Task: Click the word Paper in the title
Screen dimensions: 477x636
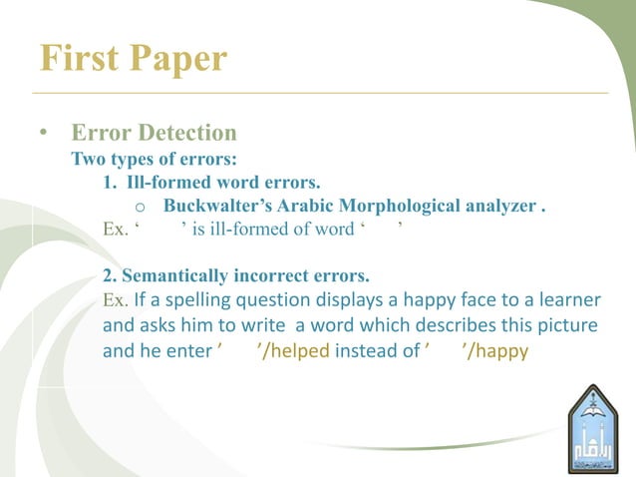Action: click(178, 60)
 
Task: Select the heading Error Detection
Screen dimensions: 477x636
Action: click(154, 133)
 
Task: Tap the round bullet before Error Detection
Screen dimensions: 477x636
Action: click(43, 134)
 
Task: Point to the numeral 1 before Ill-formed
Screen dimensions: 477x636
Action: click(108, 183)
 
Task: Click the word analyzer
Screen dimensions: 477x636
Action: click(500, 207)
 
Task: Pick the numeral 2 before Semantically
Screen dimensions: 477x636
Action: click(108, 273)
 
